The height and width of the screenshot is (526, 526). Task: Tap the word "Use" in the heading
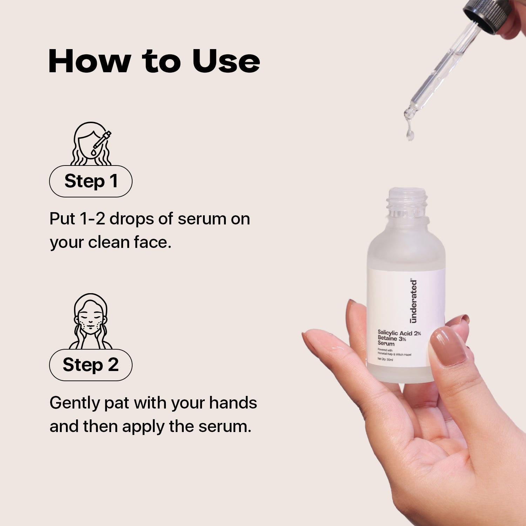226,61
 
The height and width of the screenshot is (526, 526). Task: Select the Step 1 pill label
90,181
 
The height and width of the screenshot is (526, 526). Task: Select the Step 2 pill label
90,365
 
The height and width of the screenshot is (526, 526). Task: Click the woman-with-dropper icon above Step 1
91,143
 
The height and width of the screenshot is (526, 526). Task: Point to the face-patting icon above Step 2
90,321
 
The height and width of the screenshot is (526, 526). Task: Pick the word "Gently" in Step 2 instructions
75,403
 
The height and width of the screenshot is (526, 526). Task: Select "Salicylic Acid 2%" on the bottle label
399,333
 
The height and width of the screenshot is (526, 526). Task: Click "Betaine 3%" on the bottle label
392,338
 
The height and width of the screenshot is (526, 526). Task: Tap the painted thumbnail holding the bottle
448,347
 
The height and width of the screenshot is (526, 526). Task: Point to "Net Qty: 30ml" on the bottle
385,359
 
